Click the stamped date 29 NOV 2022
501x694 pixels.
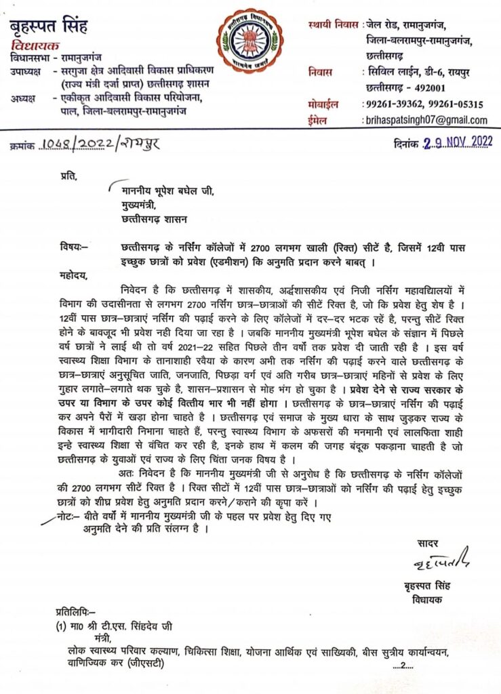pos(457,144)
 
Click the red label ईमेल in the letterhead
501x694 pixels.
pos(319,120)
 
